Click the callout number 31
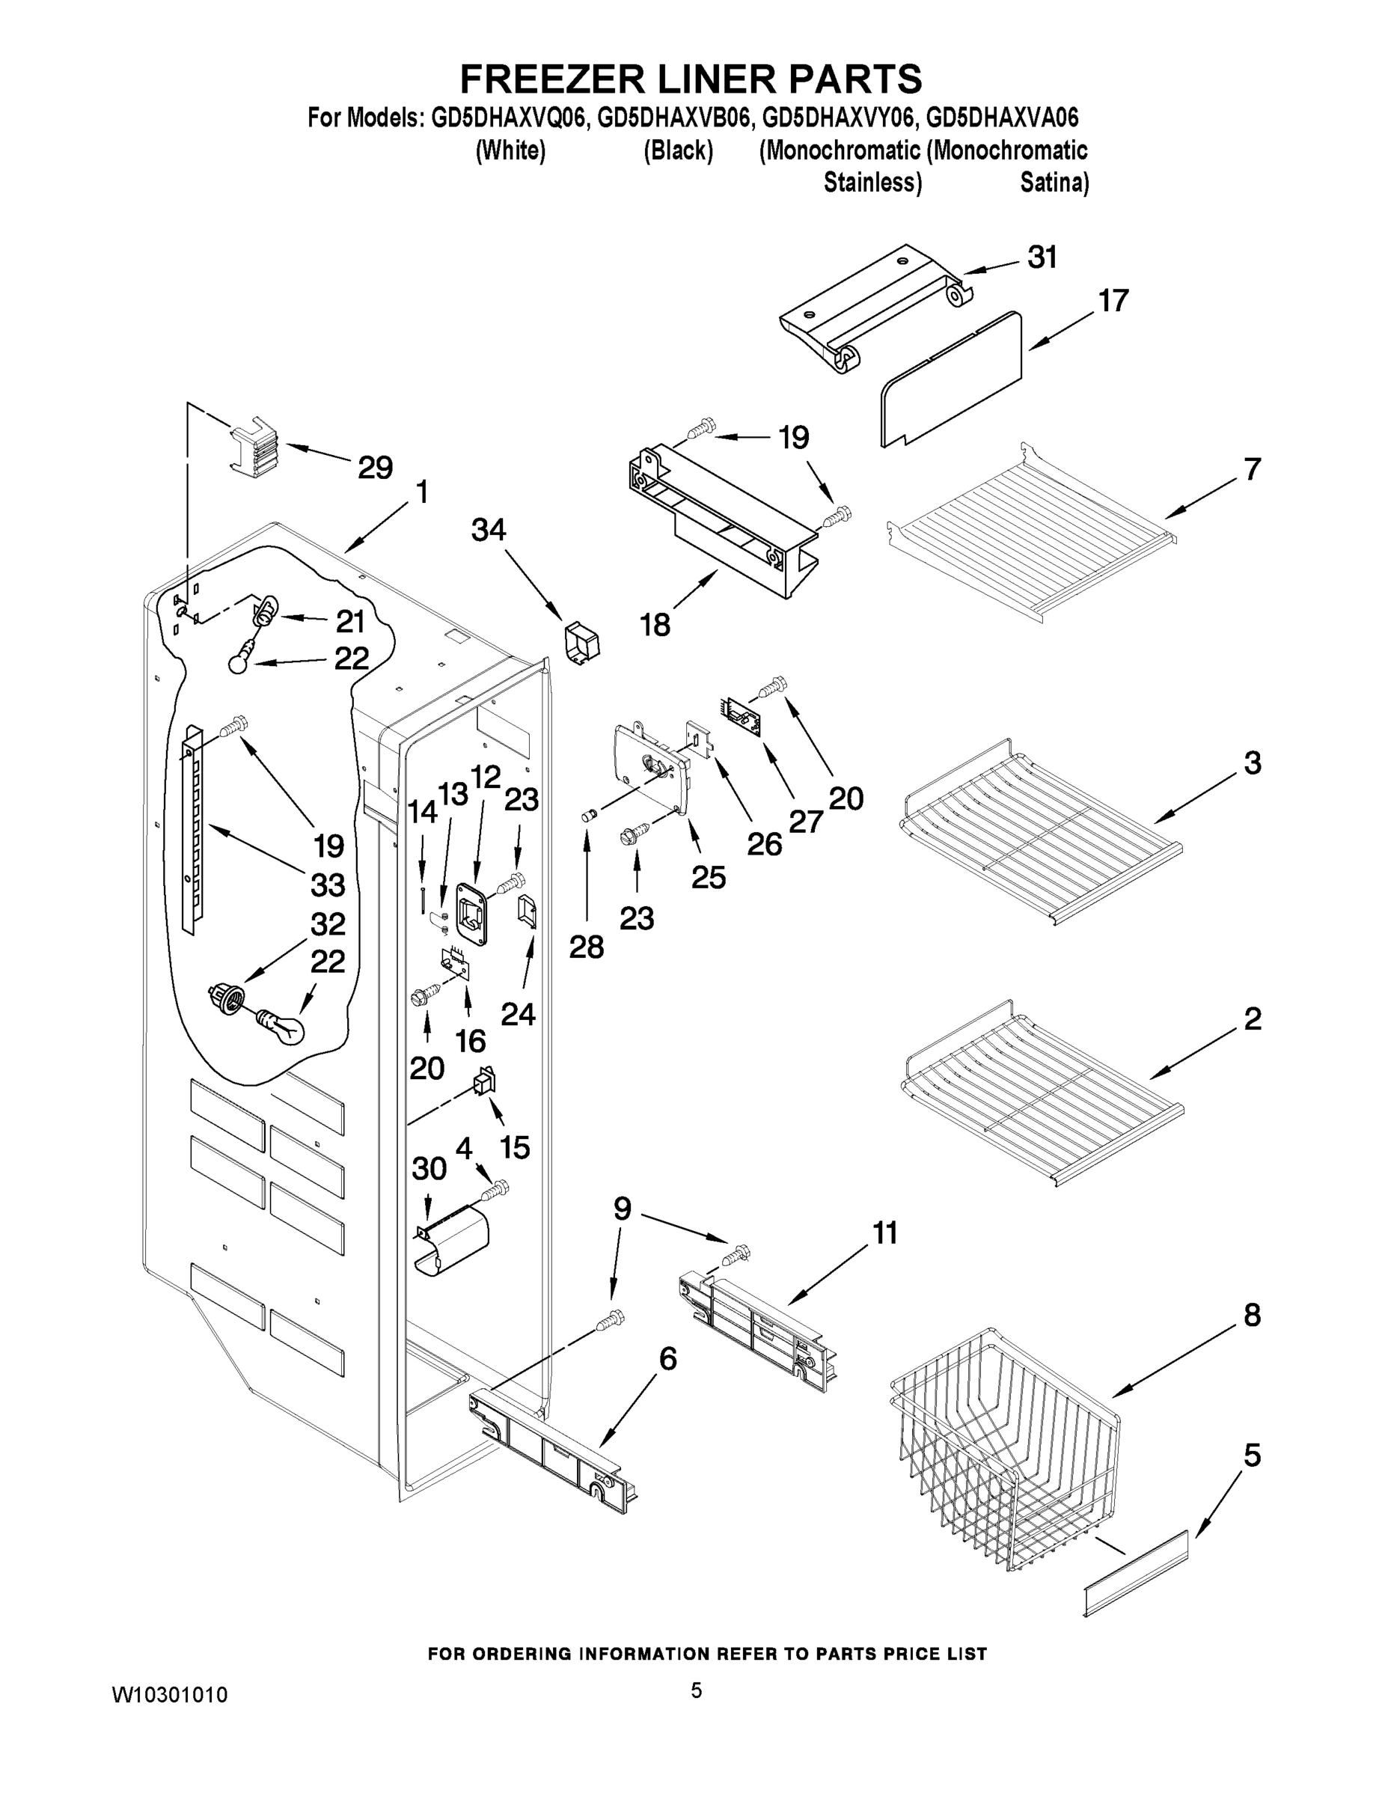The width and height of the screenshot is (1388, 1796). [x=1042, y=257]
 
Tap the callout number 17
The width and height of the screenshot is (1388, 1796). [x=1113, y=301]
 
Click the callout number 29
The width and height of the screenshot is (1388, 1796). [x=374, y=468]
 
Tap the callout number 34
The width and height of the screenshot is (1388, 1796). [x=488, y=530]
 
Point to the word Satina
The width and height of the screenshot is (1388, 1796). [x=1054, y=183]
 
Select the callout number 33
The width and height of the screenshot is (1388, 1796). [x=327, y=886]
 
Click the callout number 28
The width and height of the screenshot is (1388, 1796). [x=587, y=947]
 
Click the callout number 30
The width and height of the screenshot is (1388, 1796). [x=429, y=1169]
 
